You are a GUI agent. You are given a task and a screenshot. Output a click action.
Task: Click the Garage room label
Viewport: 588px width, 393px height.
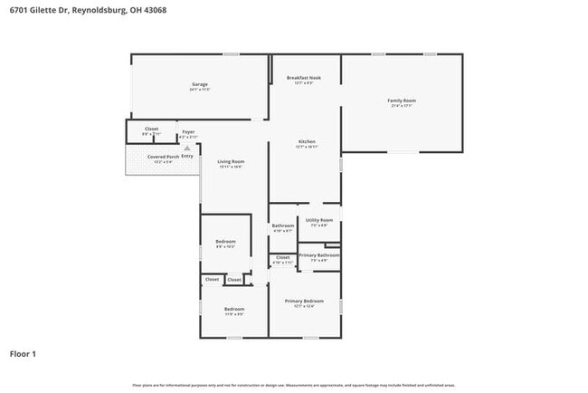point(200,85)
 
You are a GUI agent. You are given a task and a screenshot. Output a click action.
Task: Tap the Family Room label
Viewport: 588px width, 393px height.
point(402,101)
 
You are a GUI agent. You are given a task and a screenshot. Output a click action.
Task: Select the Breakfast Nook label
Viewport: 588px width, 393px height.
point(303,79)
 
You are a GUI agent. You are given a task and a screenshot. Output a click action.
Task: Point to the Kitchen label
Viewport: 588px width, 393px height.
point(307,142)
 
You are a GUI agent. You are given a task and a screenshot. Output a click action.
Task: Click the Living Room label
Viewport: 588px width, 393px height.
point(231,162)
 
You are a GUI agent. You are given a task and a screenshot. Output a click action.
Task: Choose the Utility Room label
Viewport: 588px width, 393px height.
point(319,221)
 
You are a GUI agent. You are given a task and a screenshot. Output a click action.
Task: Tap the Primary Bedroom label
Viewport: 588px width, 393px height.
point(303,302)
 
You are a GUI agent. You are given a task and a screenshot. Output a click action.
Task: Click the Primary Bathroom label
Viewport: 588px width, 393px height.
point(319,256)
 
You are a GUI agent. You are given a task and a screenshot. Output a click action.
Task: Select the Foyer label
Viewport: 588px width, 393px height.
point(188,132)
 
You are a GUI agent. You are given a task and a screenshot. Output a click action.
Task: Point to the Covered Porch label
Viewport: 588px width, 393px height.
point(163,157)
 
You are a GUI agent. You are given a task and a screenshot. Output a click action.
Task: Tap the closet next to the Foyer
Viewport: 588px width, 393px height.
point(151,129)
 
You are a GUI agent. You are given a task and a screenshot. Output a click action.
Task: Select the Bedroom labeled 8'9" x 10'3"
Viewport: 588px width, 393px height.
point(225,242)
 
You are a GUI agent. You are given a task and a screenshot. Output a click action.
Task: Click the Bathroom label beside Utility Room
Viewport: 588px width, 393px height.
point(282,226)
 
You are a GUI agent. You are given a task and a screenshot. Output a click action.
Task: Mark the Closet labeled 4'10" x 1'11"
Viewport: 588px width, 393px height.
point(282,258)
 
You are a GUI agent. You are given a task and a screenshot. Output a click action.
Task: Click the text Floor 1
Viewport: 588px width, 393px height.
point(23,353)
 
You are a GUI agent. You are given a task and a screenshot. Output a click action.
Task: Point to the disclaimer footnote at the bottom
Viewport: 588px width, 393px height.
point(293,385)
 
